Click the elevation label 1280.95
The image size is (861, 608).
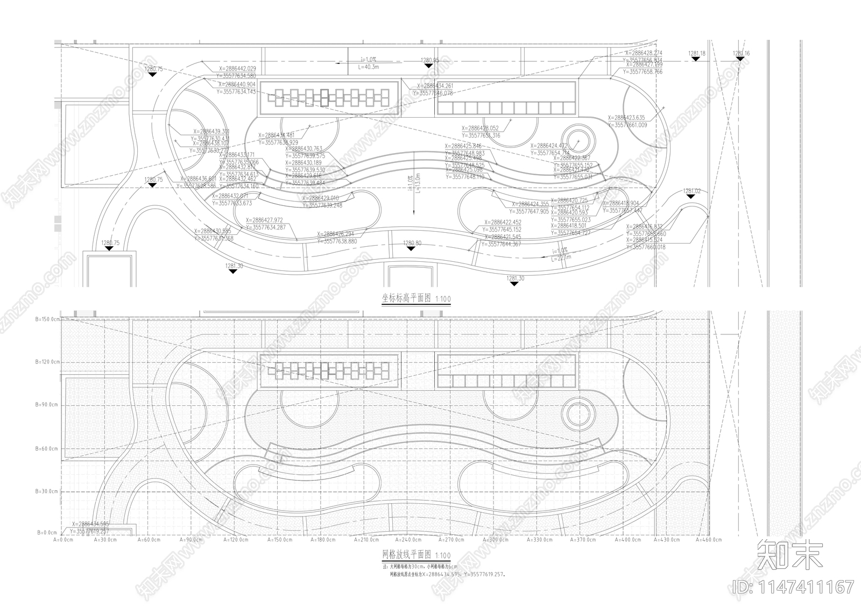click(429, 61)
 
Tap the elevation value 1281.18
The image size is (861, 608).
click(696, 54)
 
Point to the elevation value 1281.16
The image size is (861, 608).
click(741, 54)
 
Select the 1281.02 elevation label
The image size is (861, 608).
click(692, 191)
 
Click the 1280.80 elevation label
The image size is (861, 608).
click(413, 244)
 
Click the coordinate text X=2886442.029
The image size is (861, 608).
click(237, 69)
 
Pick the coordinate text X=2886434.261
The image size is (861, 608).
click(435, 86)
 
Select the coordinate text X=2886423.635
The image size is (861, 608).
click(626, 117)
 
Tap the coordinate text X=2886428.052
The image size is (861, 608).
click(480, 128)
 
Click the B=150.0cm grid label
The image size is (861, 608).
click(48, 319)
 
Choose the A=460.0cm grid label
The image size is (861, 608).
click(709, 539)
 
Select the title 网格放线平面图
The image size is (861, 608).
click(407, 555)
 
